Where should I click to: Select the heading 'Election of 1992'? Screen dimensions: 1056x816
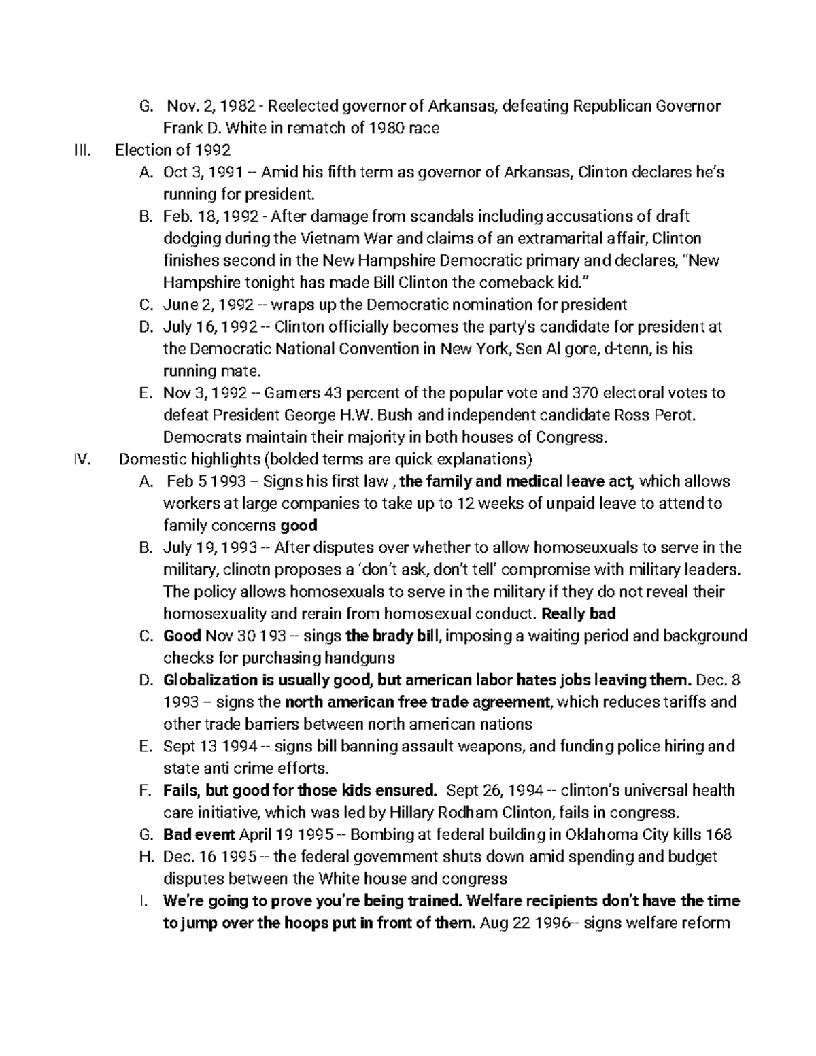pyautogui.click(x=173, y=150)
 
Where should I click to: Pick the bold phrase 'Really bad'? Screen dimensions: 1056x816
pyautogui.click(x=578, y=614)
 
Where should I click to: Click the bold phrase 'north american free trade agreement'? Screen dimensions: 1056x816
pyautogui.click(x=416, y=702)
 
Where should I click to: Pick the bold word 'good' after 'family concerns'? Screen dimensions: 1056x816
pyautogui.click(x=299, y=525)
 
